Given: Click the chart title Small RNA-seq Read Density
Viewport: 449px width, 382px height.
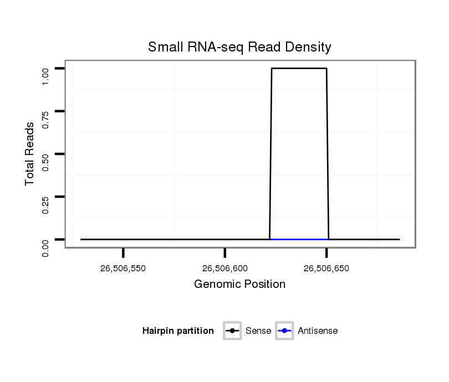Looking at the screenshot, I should tap(239, 48).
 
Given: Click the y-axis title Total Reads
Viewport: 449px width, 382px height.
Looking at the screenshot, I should tap(30, 154).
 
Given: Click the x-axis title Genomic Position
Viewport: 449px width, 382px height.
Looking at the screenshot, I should tap(239, 285).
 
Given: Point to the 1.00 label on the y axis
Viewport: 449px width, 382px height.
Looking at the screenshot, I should tap(46, 76).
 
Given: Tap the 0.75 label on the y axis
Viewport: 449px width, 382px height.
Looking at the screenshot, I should tap(46, 118).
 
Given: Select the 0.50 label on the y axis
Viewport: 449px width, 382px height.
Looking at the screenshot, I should tap(46, 161).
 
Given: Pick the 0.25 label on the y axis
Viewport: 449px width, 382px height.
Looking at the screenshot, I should tap(46, 204).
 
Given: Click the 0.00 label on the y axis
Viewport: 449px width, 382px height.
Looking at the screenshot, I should tap(46, 247).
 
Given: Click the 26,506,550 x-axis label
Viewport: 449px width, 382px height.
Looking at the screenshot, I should tap(123, 269).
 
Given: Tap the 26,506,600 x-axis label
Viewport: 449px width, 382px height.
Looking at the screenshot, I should tap(225, 269).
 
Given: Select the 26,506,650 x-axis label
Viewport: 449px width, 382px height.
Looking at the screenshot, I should tap(326, 269).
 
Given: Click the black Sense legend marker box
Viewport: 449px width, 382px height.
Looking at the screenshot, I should tap(232, 331).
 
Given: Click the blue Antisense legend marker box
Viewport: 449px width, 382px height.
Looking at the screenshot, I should tap(284, 331).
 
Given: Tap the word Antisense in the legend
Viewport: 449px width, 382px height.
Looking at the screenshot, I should tap(318, 331).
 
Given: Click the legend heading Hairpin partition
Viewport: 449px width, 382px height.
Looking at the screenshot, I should tap(178, 331).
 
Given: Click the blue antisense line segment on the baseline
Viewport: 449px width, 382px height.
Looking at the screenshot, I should tap(299, 239).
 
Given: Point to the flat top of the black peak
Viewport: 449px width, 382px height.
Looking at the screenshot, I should tap(299, 69).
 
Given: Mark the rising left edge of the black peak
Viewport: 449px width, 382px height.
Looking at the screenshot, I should tap(271, 155).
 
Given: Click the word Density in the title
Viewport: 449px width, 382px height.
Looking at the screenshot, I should tap(310, 48).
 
